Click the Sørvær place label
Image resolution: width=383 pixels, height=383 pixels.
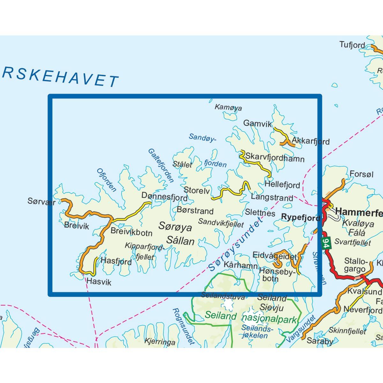pyautogui.click(x=41, y=202)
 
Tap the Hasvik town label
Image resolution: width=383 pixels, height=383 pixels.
pyautogui.click(x=99, y=282)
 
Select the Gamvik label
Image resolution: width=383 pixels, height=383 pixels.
pyautogui.click(x=257, y=124)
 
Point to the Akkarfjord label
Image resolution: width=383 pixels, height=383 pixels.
pyautogui.click(x=311, y=141)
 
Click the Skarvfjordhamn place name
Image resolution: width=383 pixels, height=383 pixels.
pyautogui.click(x=275, y=158)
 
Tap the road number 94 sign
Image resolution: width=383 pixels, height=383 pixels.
pyautogui.click(x=326, y=244)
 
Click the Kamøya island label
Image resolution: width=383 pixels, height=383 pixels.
pyautogui.click(x=228, y=107)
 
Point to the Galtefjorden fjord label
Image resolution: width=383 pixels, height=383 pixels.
pyautogui.click(x=161, y=166)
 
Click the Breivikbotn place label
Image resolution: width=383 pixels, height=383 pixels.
pyautogui.click(x=131, y=232)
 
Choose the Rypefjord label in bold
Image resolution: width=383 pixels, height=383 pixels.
pyautogui.click(x=300, y=217)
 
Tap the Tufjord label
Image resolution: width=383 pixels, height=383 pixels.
pyautogui.click(x=352, y=45)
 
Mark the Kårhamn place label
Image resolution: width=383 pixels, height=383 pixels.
pyautogui.click(x=240, y=265)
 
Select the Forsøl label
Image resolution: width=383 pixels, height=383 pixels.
pyautogui.click(x=361, y=174)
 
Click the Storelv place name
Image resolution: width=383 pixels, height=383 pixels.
pyautogui.click(x=197, y=191)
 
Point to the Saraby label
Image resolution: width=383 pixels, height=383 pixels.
pyautogui.click(x=320, y=341)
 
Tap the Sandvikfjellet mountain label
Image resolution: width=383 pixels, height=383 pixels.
pyautogui.click(x=221, y=223)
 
